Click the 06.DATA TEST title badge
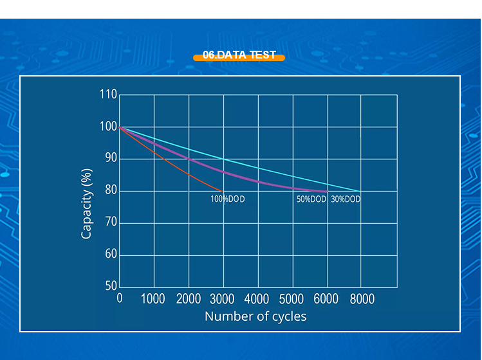(239, 56)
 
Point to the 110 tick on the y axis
(108, 95)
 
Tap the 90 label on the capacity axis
(108, 158)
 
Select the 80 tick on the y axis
(108, 190)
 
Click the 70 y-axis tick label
(108, 222)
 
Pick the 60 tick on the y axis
(108, 255)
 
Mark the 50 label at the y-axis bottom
(108, 286)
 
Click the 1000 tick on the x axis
(153, 299)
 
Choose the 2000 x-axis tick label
(188, 299)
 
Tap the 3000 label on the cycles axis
(223, 299)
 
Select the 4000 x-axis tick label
(257, 299)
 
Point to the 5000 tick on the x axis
(292, 299)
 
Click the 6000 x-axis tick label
(327, 299)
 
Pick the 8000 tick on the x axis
(362, 299)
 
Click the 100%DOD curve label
(228, 199)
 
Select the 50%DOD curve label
(311, 199)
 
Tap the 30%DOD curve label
(346, 199)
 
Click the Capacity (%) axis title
(87, 204)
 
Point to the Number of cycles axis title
(255, 316)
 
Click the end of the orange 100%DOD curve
(223, 191)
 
